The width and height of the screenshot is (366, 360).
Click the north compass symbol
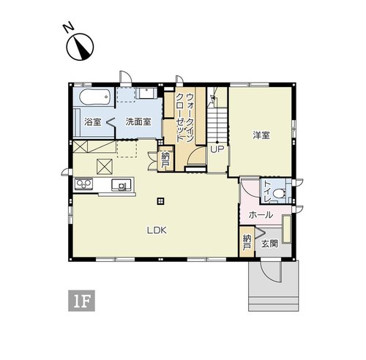[80, 47]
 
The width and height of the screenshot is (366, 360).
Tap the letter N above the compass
[69, 26]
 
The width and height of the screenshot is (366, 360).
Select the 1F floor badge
[81, 301]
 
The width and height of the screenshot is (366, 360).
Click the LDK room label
[157, 230]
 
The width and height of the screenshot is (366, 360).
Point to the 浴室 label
[93, 121]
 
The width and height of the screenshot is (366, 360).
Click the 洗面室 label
[138, 121]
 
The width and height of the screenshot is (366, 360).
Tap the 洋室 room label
[261, 135]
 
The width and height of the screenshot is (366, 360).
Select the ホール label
[261, 215]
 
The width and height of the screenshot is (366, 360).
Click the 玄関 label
[269, 244]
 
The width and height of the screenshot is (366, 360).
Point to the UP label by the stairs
[217, 149]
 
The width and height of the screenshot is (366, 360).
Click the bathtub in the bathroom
[94, 97]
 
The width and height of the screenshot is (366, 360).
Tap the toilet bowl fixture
[279, 194]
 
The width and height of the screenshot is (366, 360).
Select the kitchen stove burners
[83, 184]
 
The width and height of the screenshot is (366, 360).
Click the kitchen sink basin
[122, 185]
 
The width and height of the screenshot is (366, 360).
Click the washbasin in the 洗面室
[146, 93]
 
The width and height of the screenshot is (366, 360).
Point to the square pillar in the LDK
[160, 201]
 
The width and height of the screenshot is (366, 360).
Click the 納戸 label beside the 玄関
[247, 242]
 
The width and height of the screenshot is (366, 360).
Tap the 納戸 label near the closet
[165, 160]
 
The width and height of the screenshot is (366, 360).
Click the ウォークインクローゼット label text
[185, 118]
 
